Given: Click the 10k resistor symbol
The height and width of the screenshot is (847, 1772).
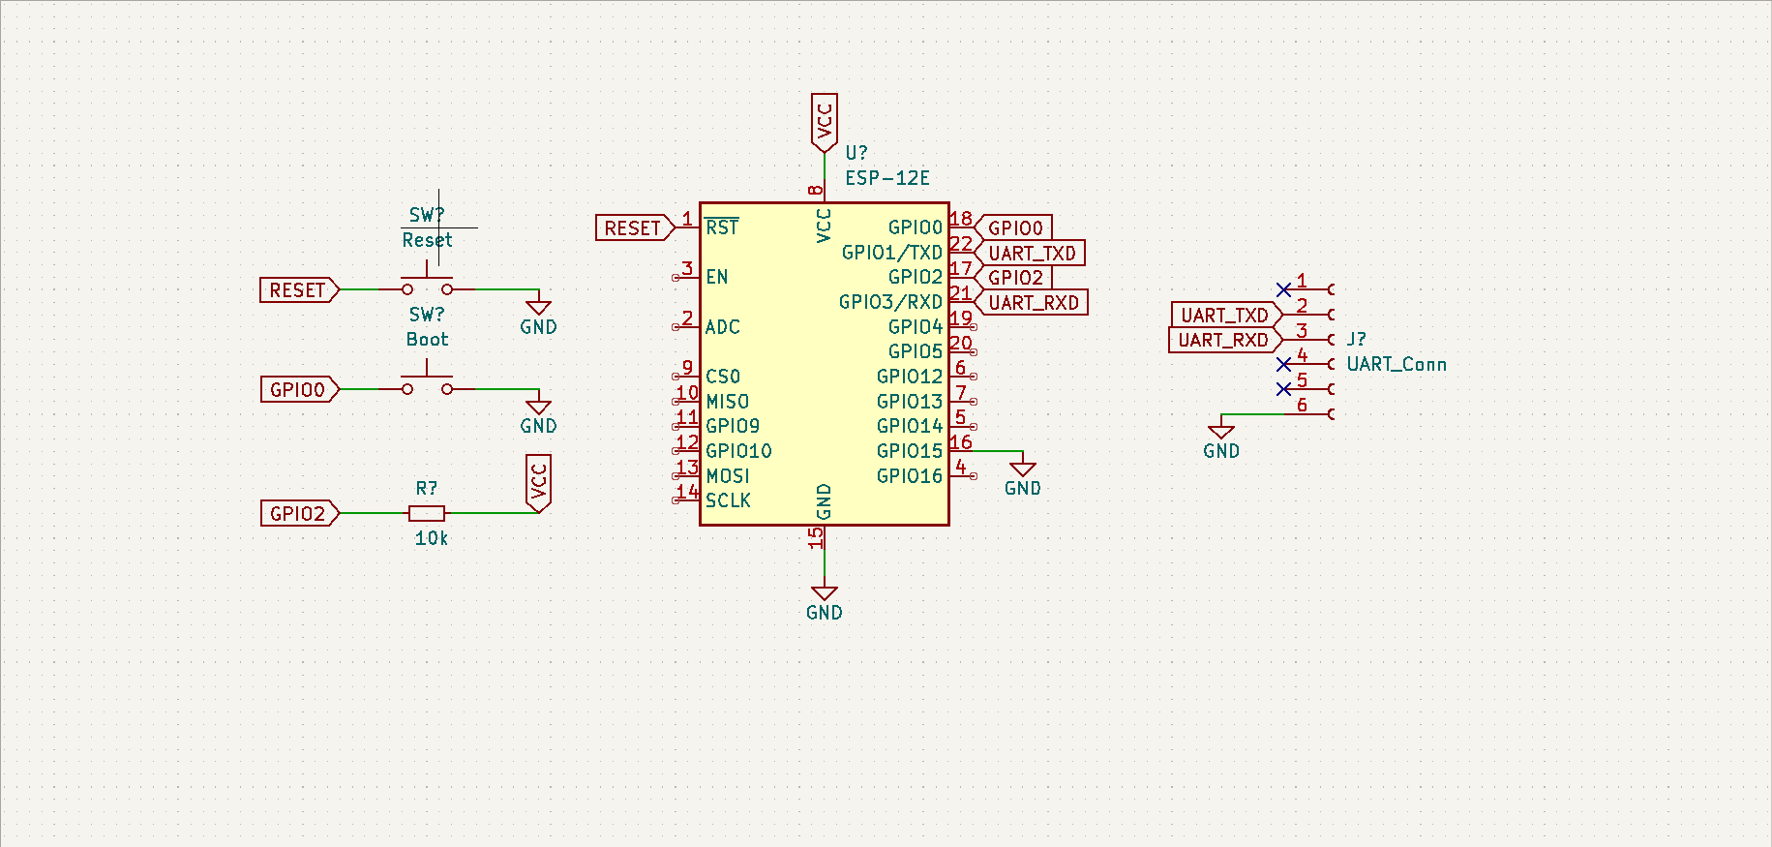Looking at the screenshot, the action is point(427,513).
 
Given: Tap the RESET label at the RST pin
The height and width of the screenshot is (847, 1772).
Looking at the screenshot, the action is point(635,228).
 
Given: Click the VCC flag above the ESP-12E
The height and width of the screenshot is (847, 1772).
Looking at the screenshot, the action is point(825,122).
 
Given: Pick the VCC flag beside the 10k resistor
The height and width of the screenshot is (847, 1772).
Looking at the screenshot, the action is point(539,483).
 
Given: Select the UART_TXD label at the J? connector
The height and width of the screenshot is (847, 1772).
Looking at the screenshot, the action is point(1226,315).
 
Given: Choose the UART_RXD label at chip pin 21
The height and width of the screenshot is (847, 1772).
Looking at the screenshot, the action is point(1032,303).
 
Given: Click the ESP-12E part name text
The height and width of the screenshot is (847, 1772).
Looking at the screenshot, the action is point(887,178).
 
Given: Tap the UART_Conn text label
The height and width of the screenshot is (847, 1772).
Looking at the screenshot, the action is point(1397,364).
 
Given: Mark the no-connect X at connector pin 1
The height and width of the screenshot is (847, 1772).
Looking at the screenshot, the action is point(1283,289).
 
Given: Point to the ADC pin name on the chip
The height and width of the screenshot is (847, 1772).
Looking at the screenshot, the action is point(723,327).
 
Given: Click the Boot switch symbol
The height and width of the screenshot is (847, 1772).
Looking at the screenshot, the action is point(427,382).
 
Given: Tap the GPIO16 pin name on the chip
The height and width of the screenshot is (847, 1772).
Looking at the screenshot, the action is point(910,476).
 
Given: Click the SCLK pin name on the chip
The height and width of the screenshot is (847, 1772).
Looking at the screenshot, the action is point(728,500).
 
